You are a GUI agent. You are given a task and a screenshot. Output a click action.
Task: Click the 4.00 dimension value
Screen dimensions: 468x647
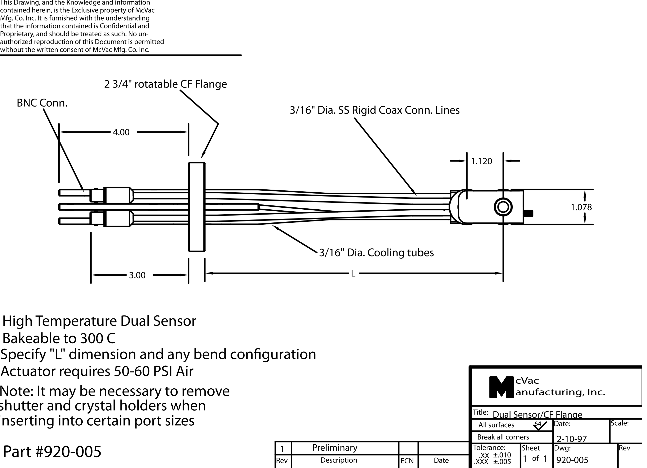(121, 132)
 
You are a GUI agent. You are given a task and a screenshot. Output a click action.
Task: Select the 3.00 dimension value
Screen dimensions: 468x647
(137, 275)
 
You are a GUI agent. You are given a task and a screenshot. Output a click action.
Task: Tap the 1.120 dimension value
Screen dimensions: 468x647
(482, 161)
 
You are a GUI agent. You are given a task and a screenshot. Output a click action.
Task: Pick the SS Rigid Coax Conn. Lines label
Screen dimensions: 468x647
(375, 110)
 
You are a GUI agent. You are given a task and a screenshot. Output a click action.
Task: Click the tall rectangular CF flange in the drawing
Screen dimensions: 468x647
(197, 207)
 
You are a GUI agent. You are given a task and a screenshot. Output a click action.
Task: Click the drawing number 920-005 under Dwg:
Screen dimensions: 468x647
(572, 460)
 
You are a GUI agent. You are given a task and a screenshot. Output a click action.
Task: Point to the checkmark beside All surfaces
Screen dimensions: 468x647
(540, 425)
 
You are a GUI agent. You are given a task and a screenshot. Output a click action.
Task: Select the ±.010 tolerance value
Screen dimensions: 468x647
(502, 455)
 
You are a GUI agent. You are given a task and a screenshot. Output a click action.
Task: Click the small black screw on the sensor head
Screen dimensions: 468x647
(529, 213)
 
